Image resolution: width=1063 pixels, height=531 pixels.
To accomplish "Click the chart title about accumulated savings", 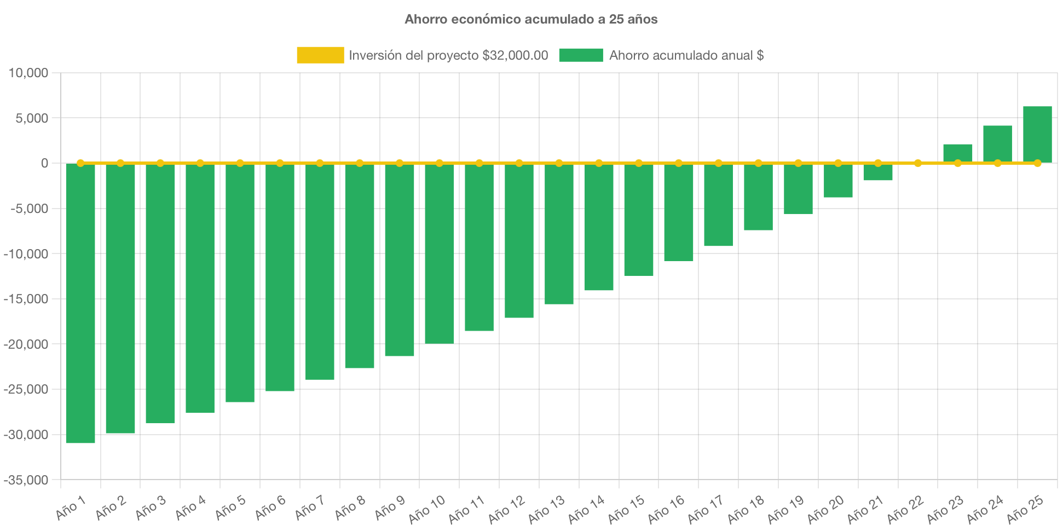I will (x=531, y=19).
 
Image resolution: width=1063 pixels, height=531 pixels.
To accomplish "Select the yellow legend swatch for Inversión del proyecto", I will (x=320, y=55).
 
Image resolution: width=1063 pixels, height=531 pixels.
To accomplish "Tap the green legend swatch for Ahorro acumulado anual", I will (x=581, y=55).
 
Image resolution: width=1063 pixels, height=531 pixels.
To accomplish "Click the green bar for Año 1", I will (x=80, y=303).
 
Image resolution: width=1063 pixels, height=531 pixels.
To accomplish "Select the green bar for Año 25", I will (x=1037, y=134).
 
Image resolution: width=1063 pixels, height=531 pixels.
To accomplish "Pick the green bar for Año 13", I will (x=559, y=234).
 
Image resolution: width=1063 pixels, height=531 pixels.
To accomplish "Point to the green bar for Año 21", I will (x=878, y=172).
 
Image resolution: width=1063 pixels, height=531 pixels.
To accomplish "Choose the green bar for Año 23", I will (x=958, y=153).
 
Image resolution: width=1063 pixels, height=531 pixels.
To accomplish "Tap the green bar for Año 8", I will (x=360, y=265).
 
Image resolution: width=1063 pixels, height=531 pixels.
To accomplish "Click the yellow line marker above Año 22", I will (x=918, y=163).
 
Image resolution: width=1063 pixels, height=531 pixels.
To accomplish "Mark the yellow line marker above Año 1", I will (x=80, y=163).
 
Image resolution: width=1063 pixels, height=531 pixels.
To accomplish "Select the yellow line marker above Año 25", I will (x=1037, y=163).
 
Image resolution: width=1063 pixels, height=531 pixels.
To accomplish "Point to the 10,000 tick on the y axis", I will (x=28, y=73).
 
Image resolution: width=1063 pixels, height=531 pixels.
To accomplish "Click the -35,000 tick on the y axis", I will (x=26, y=480).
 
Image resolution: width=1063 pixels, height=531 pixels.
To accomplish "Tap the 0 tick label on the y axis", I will (x=44, y=163).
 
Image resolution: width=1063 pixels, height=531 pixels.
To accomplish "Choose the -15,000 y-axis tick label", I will (x=26, y=299).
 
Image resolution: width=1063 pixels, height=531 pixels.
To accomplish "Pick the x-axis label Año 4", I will (x=190, y=508).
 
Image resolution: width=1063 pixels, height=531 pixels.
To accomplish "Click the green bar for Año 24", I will (x=997, y=143).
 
